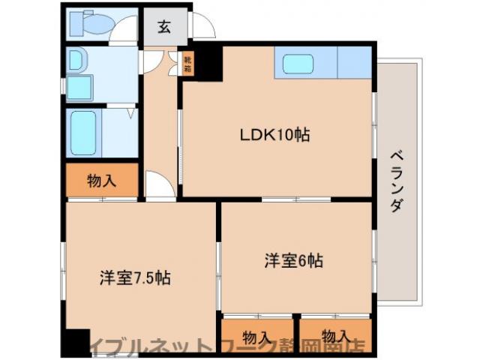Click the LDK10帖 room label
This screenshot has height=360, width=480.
tap(274, 136)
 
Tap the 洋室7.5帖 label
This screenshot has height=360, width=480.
tap(136, 278)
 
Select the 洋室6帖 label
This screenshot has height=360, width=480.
tap(293, 261)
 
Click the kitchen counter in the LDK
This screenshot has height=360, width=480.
tap(323, 63)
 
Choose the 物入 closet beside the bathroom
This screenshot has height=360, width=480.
tap(102, 180)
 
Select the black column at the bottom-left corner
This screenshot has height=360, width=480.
tap(74, 343)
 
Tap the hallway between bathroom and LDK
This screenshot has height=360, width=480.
tap(158, 120)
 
